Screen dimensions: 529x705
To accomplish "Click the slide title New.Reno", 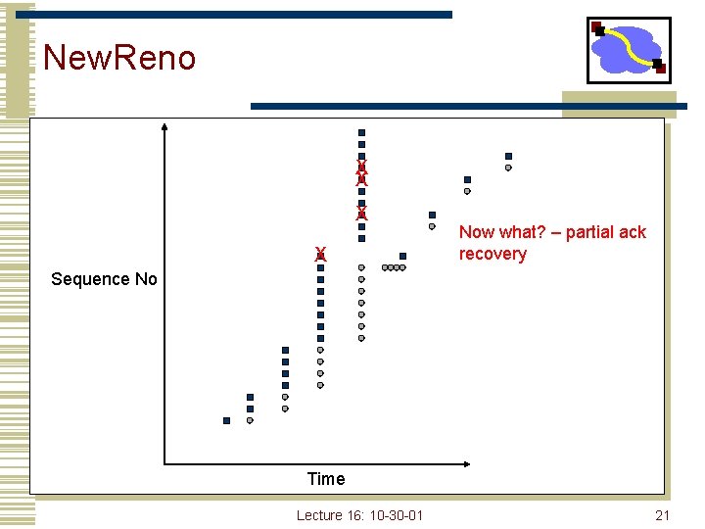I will pos(119,58).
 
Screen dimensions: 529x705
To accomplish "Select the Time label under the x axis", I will pos(325,479).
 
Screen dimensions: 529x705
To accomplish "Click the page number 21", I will pos(662,515).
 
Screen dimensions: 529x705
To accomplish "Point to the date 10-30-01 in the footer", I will pos(396,515).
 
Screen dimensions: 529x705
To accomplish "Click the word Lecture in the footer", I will pos(319,515).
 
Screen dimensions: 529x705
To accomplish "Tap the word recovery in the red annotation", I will pos(493,255).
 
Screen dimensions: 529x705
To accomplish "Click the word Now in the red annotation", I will pos(477,232).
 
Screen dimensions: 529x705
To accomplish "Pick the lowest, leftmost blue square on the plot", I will pos(226,420).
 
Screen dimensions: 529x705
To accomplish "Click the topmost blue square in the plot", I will pos(361,132).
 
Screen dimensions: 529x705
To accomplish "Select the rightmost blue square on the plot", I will pos(508,156).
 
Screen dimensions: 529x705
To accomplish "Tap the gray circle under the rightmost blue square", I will pos(508,168).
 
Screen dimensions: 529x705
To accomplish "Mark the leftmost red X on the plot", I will pos(320,255).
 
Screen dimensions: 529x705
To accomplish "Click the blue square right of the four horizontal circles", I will pos(402,256).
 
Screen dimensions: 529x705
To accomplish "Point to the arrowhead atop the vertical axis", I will pos(164,126).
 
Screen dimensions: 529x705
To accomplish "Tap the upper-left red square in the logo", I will pos(596,26).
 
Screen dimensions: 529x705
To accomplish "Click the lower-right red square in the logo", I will pos(661,68).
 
